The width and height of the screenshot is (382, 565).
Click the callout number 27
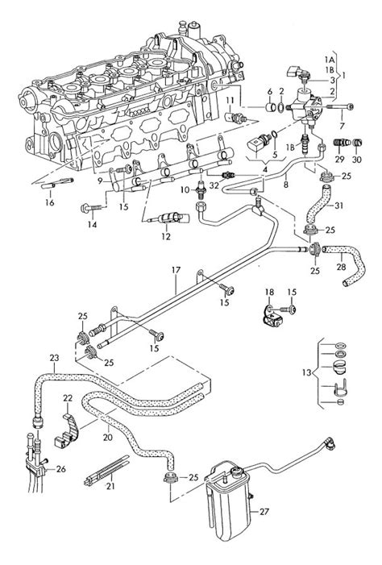click(x=264, y=511)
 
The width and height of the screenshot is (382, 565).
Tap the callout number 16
click(x=50, y=202)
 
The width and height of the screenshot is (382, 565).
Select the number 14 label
click(x=92, y=225)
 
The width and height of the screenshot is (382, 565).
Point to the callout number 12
click(x=166, y=236)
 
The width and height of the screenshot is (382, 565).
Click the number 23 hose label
click(x=55, y=358)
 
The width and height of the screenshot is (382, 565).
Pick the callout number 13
click(x=306, y=372)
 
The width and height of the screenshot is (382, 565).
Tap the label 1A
click(x=328, y=59)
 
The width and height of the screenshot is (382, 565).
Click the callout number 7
click(x=342, y=126)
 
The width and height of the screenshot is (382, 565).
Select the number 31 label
click(x=338, y=206)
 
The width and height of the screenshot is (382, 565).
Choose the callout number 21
click(x=110, y=486)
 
